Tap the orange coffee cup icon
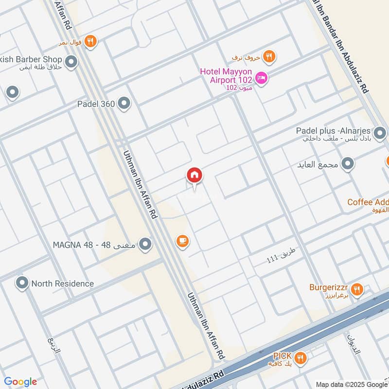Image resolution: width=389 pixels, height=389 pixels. click(183, 241)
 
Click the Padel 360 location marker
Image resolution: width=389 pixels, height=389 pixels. click(124, 103)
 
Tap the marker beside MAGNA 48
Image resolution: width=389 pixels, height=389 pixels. click(144, 245)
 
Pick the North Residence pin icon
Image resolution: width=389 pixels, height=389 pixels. click(21, 283)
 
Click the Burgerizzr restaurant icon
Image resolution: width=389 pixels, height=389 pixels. click(357, 290)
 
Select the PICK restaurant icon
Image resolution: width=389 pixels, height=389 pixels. click(301, 358)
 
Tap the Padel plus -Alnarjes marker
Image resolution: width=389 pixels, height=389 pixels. click(380, 132)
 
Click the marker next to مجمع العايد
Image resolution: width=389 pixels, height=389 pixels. click(347, 164)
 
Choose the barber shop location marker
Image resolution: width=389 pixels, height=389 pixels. click(71, 62)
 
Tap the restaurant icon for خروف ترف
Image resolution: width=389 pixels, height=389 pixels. click(268, 57)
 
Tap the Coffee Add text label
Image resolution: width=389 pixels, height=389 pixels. click(368, 202)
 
